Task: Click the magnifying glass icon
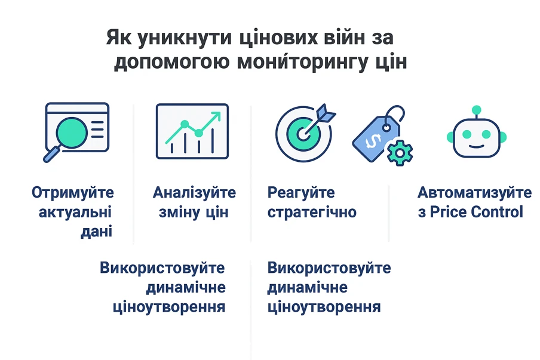(69, 136)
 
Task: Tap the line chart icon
(192, 131)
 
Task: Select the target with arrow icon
(305, 132)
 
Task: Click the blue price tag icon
(378, 135)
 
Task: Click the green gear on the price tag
(400, 153)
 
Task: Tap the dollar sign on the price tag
(373, 141)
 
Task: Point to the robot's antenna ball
(477, 110)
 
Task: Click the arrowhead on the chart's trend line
(216, 116)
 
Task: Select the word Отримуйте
(73, 193)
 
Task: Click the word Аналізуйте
(194, 193)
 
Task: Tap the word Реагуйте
(301, 193)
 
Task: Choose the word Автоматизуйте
(474, 193)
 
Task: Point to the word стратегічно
(312, 213)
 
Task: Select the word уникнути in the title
(185, 38)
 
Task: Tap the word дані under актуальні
(96, 232)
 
